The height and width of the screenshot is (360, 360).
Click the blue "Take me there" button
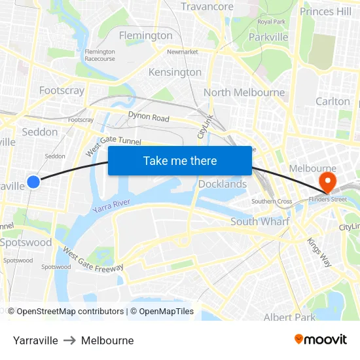point(180,160)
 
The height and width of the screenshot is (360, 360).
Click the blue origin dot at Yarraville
point(34,181)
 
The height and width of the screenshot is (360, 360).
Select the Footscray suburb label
point(62,90)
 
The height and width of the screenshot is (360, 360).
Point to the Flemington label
point(145,35)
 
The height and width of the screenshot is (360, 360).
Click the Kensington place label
point(175,72)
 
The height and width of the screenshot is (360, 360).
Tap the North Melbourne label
point(243,92)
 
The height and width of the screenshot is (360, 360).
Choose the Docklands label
point(223,184)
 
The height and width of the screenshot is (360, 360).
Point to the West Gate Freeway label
point(92,259)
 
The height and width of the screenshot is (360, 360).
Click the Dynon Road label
point(149,118)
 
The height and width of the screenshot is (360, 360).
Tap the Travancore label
point(207,7)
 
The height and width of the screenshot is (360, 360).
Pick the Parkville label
point(268,37)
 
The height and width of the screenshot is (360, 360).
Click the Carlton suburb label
point(333,101)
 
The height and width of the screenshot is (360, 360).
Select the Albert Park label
point(289,317)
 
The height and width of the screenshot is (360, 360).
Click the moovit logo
point(320,340)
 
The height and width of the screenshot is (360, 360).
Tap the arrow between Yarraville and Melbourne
point(69,340)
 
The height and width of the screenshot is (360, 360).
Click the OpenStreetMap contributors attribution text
point(70,312)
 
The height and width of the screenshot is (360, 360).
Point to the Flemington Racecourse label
point(99,55)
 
